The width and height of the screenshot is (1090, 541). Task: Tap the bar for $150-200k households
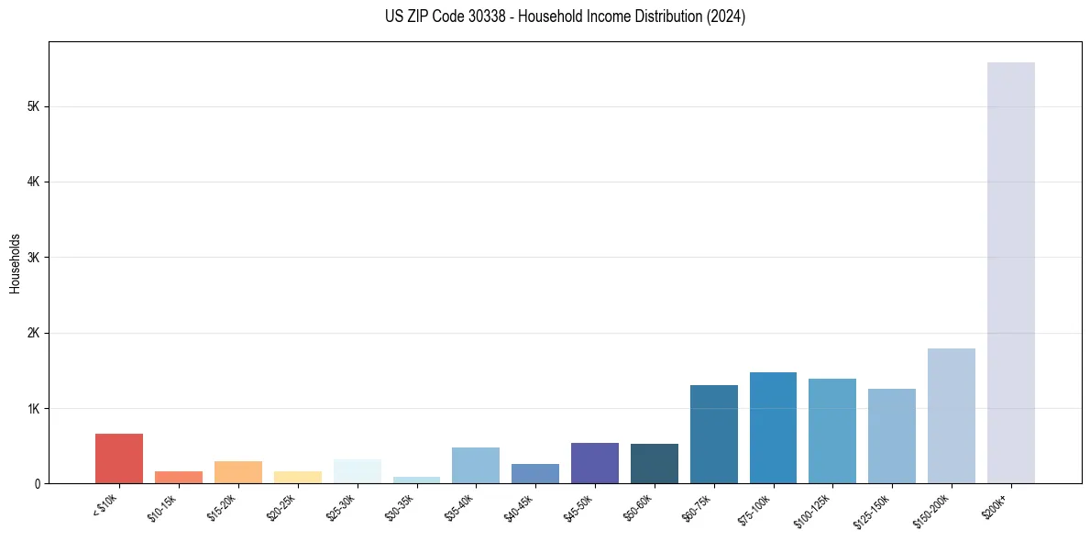point(951,415)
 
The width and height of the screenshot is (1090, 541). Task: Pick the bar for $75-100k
point(773,427)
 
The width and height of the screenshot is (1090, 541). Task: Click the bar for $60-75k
point(713,434)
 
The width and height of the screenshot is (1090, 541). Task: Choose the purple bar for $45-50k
point(594,463)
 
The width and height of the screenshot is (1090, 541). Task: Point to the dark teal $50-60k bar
point(654,464)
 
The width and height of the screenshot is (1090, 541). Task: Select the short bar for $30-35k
point(416,480)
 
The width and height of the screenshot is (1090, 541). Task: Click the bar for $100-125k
point(832,431)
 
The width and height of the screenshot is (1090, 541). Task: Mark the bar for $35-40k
point(476,466)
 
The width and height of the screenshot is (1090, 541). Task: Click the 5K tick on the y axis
point(34,106)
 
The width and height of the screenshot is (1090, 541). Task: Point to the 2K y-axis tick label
point(34,333)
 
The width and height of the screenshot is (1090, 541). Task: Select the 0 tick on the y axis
point(38,483)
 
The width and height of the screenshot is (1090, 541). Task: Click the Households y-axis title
point(15,262)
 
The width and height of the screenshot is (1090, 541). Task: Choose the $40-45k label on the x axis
point(516,504)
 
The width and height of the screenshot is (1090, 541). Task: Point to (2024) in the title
point(725,17)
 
